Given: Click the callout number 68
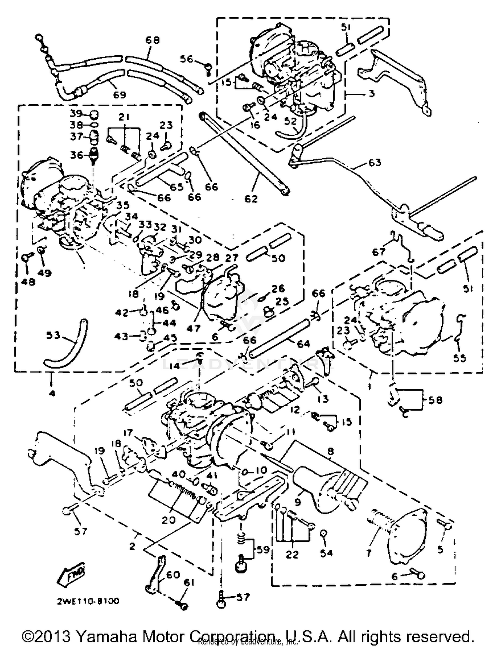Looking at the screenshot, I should [x=152, y=40].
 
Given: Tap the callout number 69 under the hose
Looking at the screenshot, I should [x=119, y=95].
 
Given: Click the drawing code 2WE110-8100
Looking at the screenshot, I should [x=88, y=601].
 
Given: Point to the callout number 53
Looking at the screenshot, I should [x=53, y=335].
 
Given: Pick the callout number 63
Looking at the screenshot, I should [x=374, y=163].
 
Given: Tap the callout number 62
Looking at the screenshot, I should [x=251, y=199].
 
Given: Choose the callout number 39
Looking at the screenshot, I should [x=76, y=114].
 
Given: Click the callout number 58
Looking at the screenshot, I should [x=435, y=400].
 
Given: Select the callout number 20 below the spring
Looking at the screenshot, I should [x=168, y=520].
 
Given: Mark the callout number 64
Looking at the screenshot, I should [x=303, y=344].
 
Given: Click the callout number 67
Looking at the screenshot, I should [x=379, y=252].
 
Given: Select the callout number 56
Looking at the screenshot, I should [x=186, y=59].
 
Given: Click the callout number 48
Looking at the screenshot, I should [x=28, y=282].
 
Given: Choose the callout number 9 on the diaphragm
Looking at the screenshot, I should [x=297, y=502].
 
